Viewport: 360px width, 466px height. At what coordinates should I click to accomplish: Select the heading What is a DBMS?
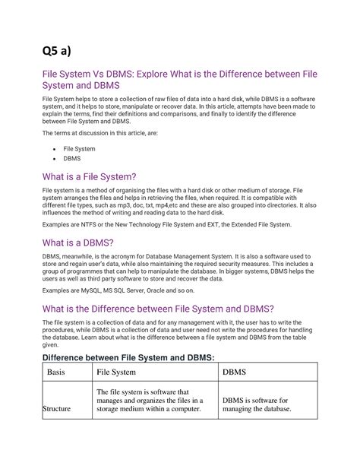point(79,243)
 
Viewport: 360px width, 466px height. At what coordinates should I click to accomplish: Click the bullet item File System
point(79,149)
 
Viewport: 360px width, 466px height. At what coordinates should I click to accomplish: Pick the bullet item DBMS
point(73,160)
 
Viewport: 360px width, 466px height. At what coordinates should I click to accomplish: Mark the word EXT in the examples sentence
point(230,225)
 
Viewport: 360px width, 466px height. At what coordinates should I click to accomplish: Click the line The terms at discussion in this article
point(96,132)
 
